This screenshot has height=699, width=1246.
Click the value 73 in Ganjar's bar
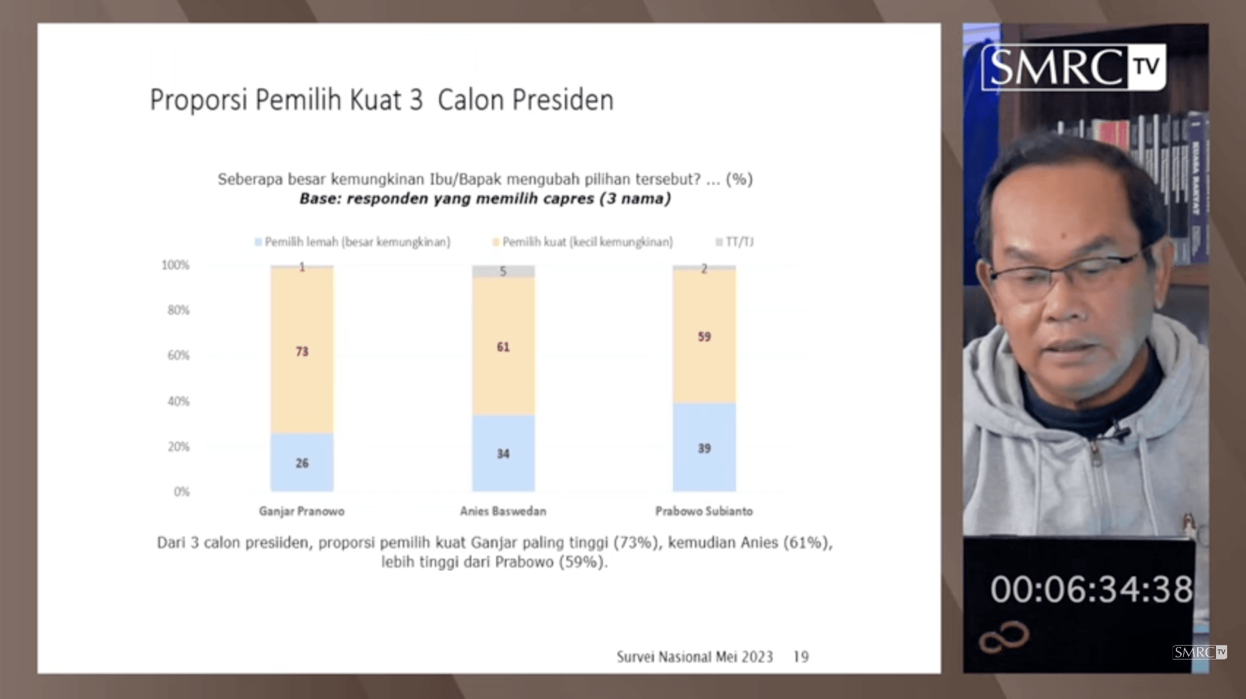point(302,351)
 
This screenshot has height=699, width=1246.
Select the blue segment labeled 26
point(302,462)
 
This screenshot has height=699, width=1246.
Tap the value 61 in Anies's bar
point(503,347)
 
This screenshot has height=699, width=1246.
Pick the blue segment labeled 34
point(503,454)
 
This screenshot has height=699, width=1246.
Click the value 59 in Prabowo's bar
point(704,337)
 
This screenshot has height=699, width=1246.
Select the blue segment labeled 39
point(704,448)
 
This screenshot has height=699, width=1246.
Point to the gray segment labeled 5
point(503,271)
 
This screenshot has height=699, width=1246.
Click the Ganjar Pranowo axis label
point(301,511)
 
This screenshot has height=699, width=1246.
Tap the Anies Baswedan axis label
point(503,511)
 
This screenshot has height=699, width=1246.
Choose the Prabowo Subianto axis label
point(704,511)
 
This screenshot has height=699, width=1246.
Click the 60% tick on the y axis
point(178,356)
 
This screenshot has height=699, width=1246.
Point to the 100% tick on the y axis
point(175,265)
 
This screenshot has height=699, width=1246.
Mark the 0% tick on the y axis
point(181,492)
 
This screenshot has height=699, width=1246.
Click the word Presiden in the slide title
point(562,100)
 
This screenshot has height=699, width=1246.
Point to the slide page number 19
point(801,657)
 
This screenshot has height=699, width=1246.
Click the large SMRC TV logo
point(1073,67)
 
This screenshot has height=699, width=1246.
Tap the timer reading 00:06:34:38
point(1091,589)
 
